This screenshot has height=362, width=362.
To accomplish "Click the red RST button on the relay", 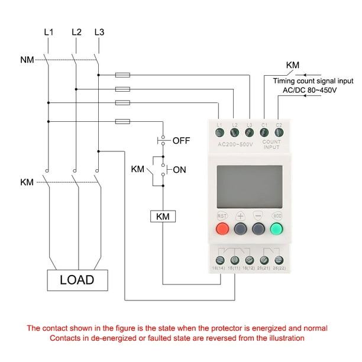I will tap(222, 230).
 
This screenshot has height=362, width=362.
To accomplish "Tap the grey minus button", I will tap(258, 230).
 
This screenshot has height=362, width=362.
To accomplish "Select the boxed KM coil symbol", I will tap(162, 216).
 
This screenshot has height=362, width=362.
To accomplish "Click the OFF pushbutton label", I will tap(181, 141).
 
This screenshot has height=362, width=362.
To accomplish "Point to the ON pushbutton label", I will tap(179, 170).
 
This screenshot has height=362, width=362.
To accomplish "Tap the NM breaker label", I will tap(27, 60).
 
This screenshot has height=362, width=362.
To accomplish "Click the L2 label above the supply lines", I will tap(76, 31).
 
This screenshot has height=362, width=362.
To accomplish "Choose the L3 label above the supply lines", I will tap(100, 31).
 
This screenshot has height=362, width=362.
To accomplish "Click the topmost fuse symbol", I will tap(122, 75).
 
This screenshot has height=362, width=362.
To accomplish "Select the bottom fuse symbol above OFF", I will tap(122, 121).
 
